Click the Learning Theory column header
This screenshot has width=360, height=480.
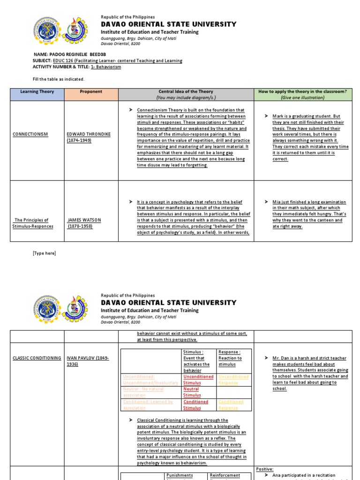(37, 91)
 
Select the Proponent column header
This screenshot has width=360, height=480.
(91, 91)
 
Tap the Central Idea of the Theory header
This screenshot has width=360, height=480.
(186, 91)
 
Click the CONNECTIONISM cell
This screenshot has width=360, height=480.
(30, 134)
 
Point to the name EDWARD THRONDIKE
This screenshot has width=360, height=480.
(89, 134)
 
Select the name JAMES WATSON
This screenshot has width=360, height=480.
(84, 220)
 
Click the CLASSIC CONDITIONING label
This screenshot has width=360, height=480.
(37, 358)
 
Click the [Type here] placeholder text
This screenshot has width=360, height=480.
(44, 253)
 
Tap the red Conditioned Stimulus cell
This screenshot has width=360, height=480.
(195, 405)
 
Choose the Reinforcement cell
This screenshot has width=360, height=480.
(225, 475)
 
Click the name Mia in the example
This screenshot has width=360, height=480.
(277, 202)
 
